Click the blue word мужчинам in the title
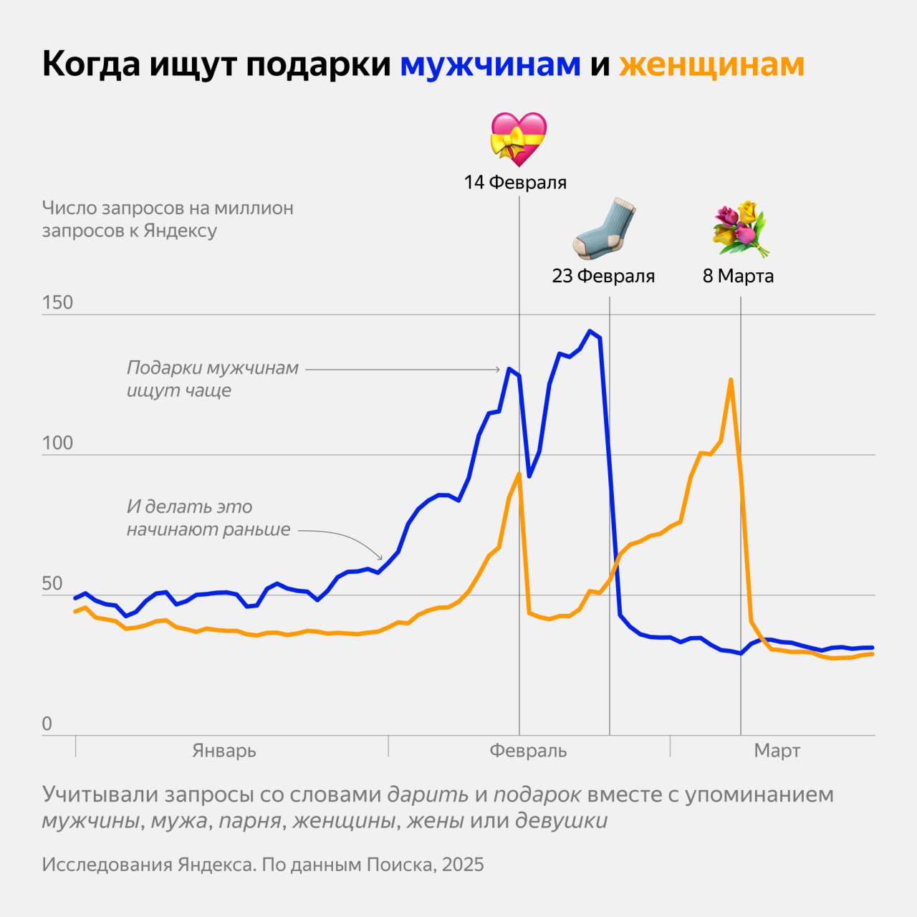(x=490, y=64)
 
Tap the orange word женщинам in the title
(x=711, y=64)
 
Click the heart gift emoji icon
(x=518, y=139)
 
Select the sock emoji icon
(x=605, y=229)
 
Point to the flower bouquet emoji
(x=740, y=229)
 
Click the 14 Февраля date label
(x=515, y=183)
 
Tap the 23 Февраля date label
(x=603, y=276)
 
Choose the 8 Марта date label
(x=738, y=276)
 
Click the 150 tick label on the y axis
(x=57, y=302)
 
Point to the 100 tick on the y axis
(x=57, y=443)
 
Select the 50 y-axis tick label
(x=52, y=583)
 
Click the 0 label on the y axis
(x=47, y=724)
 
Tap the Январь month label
(x=224, y=751)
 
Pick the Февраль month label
(x=528, y=751)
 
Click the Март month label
(x=777, y=751)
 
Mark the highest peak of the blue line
(x=590, y=331)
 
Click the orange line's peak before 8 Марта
(x=731, y=380)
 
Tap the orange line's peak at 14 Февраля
(x=519, y=474)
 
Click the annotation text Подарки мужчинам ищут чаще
(x=213, y=379)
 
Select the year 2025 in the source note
(x=463, y=865)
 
